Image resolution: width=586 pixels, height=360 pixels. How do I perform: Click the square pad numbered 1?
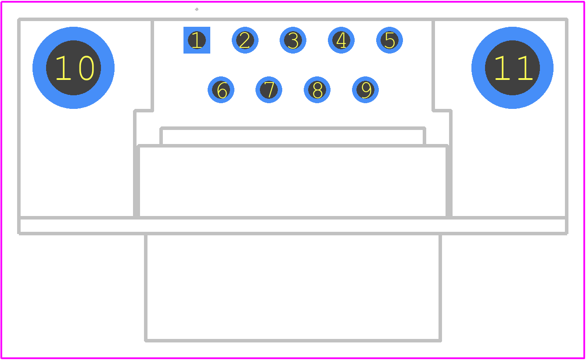197,40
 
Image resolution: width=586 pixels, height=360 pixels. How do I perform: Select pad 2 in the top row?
245,40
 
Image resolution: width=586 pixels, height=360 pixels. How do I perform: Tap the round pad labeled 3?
293,40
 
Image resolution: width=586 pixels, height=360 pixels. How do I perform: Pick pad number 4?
341,40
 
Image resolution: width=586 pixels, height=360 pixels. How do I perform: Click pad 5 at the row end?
389,40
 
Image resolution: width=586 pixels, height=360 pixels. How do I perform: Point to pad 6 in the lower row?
221,90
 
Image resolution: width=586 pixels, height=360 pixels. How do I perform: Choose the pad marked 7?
269,90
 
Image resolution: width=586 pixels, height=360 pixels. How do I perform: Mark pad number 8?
317,90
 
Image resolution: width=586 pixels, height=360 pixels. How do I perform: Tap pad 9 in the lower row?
366,90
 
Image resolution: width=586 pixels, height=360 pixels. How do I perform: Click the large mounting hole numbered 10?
73,68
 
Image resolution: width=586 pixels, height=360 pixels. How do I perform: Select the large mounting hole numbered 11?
513,68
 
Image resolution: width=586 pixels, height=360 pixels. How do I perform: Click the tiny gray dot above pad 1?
197,9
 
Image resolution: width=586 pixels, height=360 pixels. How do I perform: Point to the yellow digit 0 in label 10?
86,68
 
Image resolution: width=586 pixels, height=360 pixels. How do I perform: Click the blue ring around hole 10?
39,68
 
